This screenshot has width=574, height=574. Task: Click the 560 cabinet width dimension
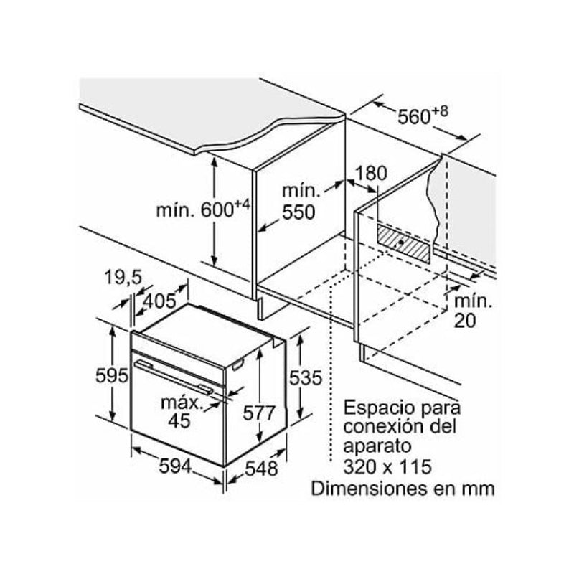[422, 116]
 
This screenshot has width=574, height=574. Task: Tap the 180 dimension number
[371, 173]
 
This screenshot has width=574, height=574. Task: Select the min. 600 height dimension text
[203, 210]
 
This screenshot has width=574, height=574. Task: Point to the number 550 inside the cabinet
[298, 212]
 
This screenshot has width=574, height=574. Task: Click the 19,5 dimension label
[123, 277]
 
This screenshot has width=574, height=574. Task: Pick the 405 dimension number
[159, 301]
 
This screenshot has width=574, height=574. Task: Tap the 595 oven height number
[112, 375]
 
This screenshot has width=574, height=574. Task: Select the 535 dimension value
[306, 378]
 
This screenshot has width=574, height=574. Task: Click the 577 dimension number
[259, 413]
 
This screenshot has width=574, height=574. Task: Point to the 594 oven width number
[175, 466]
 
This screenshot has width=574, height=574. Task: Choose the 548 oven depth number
[261, 469]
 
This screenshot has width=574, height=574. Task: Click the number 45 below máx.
[179, 420]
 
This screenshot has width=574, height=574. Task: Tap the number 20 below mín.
[465, 320]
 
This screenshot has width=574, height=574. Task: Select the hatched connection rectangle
[403, 243]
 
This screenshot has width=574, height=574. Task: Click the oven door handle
[174, 377]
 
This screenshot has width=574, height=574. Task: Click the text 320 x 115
[387, 467]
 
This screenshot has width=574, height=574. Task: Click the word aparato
[377, 447]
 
